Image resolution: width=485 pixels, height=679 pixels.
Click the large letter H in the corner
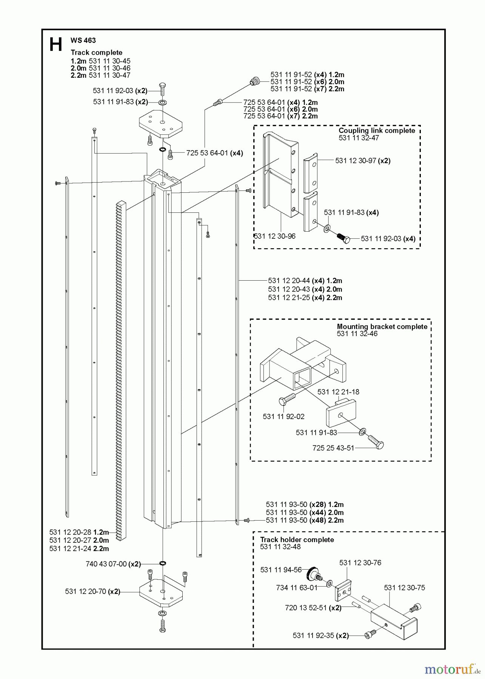(55, 45)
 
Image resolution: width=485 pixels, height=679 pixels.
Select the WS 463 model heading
(83, 40)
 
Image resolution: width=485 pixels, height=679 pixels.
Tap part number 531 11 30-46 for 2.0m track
(109, 68)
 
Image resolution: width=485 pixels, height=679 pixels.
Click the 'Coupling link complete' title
(376, 131)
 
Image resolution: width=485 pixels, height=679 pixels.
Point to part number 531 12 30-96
(274, 236)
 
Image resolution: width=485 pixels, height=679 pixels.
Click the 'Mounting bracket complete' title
(382, 327)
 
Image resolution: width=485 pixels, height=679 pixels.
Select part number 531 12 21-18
(338, 392)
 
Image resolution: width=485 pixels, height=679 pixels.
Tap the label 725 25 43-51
(333, 448)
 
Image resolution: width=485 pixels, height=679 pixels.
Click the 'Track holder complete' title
(297, 540)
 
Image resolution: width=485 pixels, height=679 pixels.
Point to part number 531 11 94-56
(281, 570)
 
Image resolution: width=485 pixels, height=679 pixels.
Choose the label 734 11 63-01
(297, 587)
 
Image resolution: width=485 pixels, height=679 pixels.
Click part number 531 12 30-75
(404, 587)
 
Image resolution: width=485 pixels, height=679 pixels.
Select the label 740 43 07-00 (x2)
(113, 564)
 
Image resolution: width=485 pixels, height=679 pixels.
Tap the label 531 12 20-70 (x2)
(92, 591)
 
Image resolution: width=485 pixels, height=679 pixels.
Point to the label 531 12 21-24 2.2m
(79, 548)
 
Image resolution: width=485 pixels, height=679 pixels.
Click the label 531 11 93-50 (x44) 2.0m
(305, 512)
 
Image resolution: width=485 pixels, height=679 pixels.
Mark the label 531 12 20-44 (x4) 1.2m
(305, 281)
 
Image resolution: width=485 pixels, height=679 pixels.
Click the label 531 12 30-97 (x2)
(363, 161)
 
